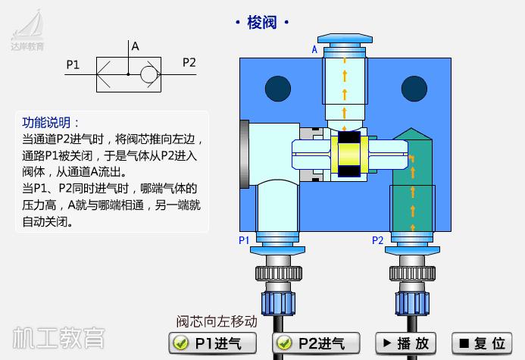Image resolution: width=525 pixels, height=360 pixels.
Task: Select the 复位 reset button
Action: [x=482, y=343]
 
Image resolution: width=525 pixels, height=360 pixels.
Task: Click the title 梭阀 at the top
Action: [x=262, y=23]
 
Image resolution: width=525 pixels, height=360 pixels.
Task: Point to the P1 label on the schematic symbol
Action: [x=73, y=64]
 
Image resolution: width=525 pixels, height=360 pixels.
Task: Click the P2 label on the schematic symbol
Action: [x=189, y=62]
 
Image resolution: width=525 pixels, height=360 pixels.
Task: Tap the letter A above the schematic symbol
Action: [x=136, y=46]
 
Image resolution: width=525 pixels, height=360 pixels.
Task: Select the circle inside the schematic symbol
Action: [x=148, y=74]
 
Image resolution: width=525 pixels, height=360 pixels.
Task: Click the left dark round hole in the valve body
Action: [x=277, y=86]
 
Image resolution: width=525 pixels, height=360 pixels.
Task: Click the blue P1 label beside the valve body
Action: [x=244, y=240]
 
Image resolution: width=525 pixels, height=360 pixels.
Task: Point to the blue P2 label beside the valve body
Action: [x=377, y=240]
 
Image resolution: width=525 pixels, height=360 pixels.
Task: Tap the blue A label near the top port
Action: [x=314, y=50]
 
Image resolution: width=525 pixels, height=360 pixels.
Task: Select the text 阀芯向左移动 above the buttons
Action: [x=217, y=321]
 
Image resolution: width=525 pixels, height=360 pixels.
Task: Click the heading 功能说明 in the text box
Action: [x=51, y=123]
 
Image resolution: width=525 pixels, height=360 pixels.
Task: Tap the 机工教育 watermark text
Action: [x=58, y=337]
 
